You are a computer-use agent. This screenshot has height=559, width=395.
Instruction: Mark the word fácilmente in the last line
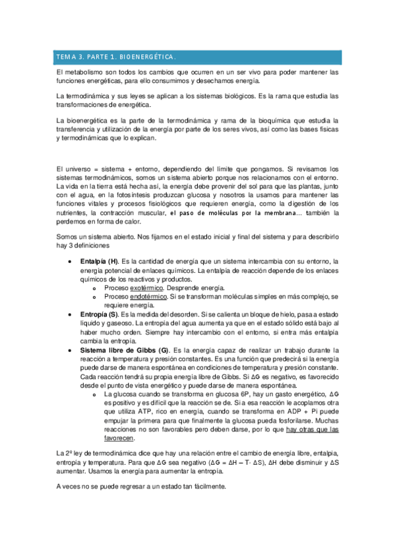pyautogui.click(x=206, y=486)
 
